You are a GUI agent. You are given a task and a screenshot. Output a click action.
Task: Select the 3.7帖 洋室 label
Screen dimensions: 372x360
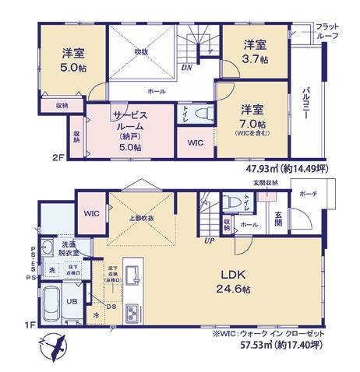[255, 51]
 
